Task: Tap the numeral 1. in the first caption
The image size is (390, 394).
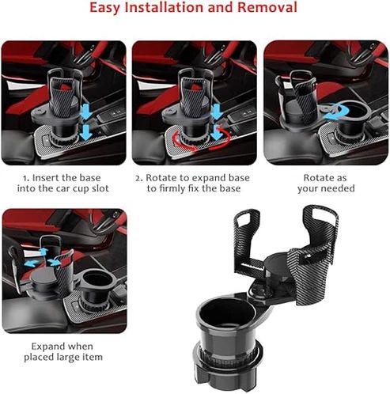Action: pyautogui.click(x=26, y=178)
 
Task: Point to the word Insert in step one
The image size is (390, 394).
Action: pyautogui.click(x=48, y=178)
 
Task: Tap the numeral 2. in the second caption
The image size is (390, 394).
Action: pyautogui.click(x=138, y=178)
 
